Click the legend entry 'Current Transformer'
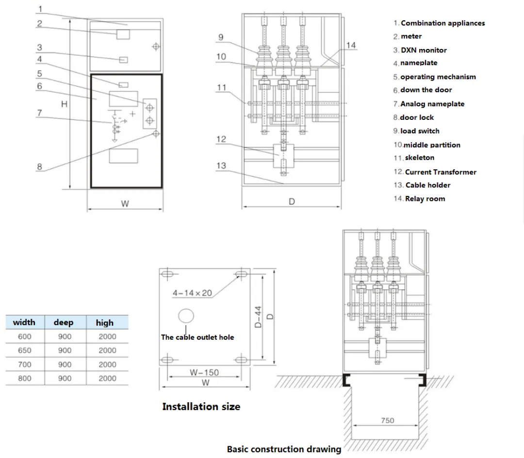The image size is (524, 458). pos(441,172)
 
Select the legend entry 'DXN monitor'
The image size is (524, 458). pos(424,50)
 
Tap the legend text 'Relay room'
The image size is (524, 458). pos(425,198)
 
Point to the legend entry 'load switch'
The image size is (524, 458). pos(420,131)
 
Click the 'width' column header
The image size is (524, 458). pos(24,322)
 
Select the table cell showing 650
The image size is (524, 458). pos(24,350)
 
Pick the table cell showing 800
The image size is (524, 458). pos(24,378)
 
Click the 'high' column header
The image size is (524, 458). pos(105,322)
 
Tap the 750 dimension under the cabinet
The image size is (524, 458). pos(388,421)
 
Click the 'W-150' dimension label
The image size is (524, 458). pos(204,373)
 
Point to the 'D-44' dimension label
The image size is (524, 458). pos(259,316)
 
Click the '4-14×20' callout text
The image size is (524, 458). pos(193,294)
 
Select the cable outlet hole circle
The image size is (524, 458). pos(186,316)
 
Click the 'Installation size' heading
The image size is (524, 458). pos(201,407)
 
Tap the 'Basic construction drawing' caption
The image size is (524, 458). pos(284,449)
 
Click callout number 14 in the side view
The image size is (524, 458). pos(351,45)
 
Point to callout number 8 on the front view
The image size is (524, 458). pos(40,167)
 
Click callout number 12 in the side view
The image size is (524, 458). pos(221,139)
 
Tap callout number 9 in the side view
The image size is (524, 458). pos(221,37)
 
